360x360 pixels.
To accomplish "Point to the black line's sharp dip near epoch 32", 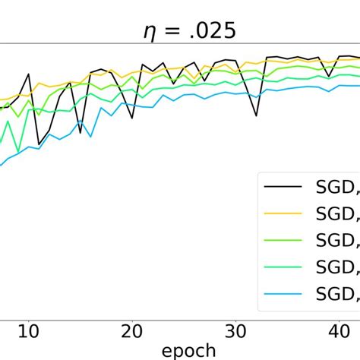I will tap(256, 115).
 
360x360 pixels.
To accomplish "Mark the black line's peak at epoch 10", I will tap(29, 74).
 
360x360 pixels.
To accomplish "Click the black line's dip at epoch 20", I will tap(132, 118).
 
